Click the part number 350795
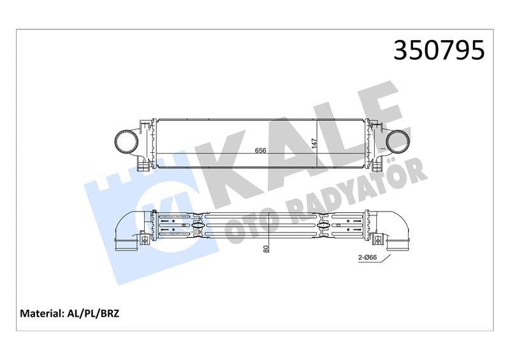(439, 50)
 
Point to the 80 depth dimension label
(266, 247)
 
